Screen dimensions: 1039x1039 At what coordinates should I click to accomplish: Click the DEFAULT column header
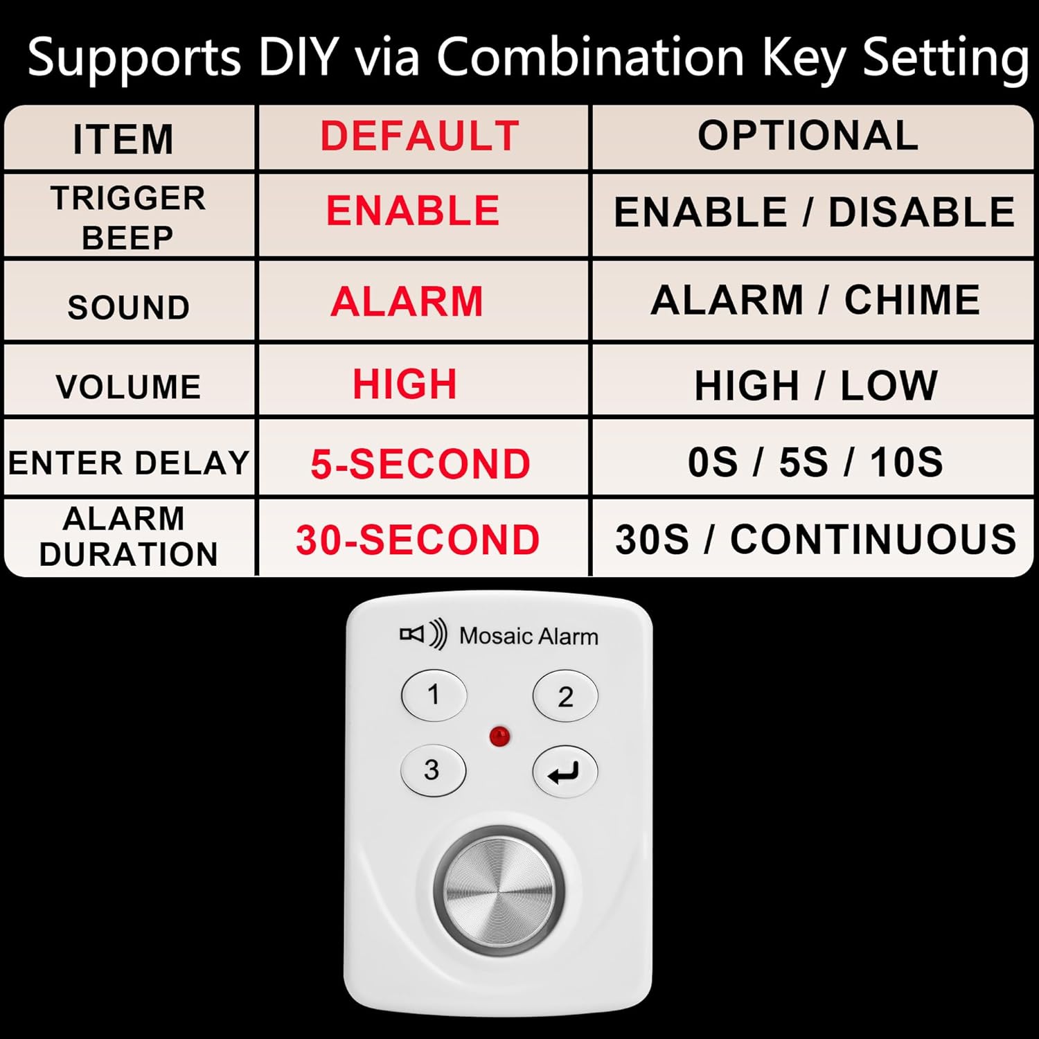[420, 136]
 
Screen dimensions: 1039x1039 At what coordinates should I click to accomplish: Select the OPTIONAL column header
[808, 135]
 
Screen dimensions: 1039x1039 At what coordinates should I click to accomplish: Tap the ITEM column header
[123, 139]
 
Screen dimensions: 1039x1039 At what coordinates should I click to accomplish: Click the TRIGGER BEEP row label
[128, 217]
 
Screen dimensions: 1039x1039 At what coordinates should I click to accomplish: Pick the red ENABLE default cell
[413, 211]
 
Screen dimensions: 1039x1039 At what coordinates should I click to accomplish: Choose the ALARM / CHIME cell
[815, 300]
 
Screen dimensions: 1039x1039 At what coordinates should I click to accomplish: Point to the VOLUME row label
[128, 387]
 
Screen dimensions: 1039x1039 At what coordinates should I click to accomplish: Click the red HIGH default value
[405, 384]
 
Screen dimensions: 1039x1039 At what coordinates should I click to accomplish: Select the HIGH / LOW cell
[816, 385]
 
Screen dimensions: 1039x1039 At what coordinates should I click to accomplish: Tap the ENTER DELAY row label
[129, 463]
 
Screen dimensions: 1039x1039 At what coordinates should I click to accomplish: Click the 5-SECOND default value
[420, 463]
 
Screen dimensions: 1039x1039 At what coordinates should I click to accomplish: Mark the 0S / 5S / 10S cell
[815, 462]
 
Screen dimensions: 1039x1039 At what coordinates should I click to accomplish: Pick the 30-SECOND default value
[418, 540]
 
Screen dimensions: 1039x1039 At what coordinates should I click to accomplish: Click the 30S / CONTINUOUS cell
[816, 539]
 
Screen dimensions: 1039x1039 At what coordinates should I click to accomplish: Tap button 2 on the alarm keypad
[565, 696]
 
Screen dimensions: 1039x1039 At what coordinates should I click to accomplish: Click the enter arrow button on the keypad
[565, 772]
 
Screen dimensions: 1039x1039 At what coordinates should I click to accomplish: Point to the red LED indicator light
[499, 736]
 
